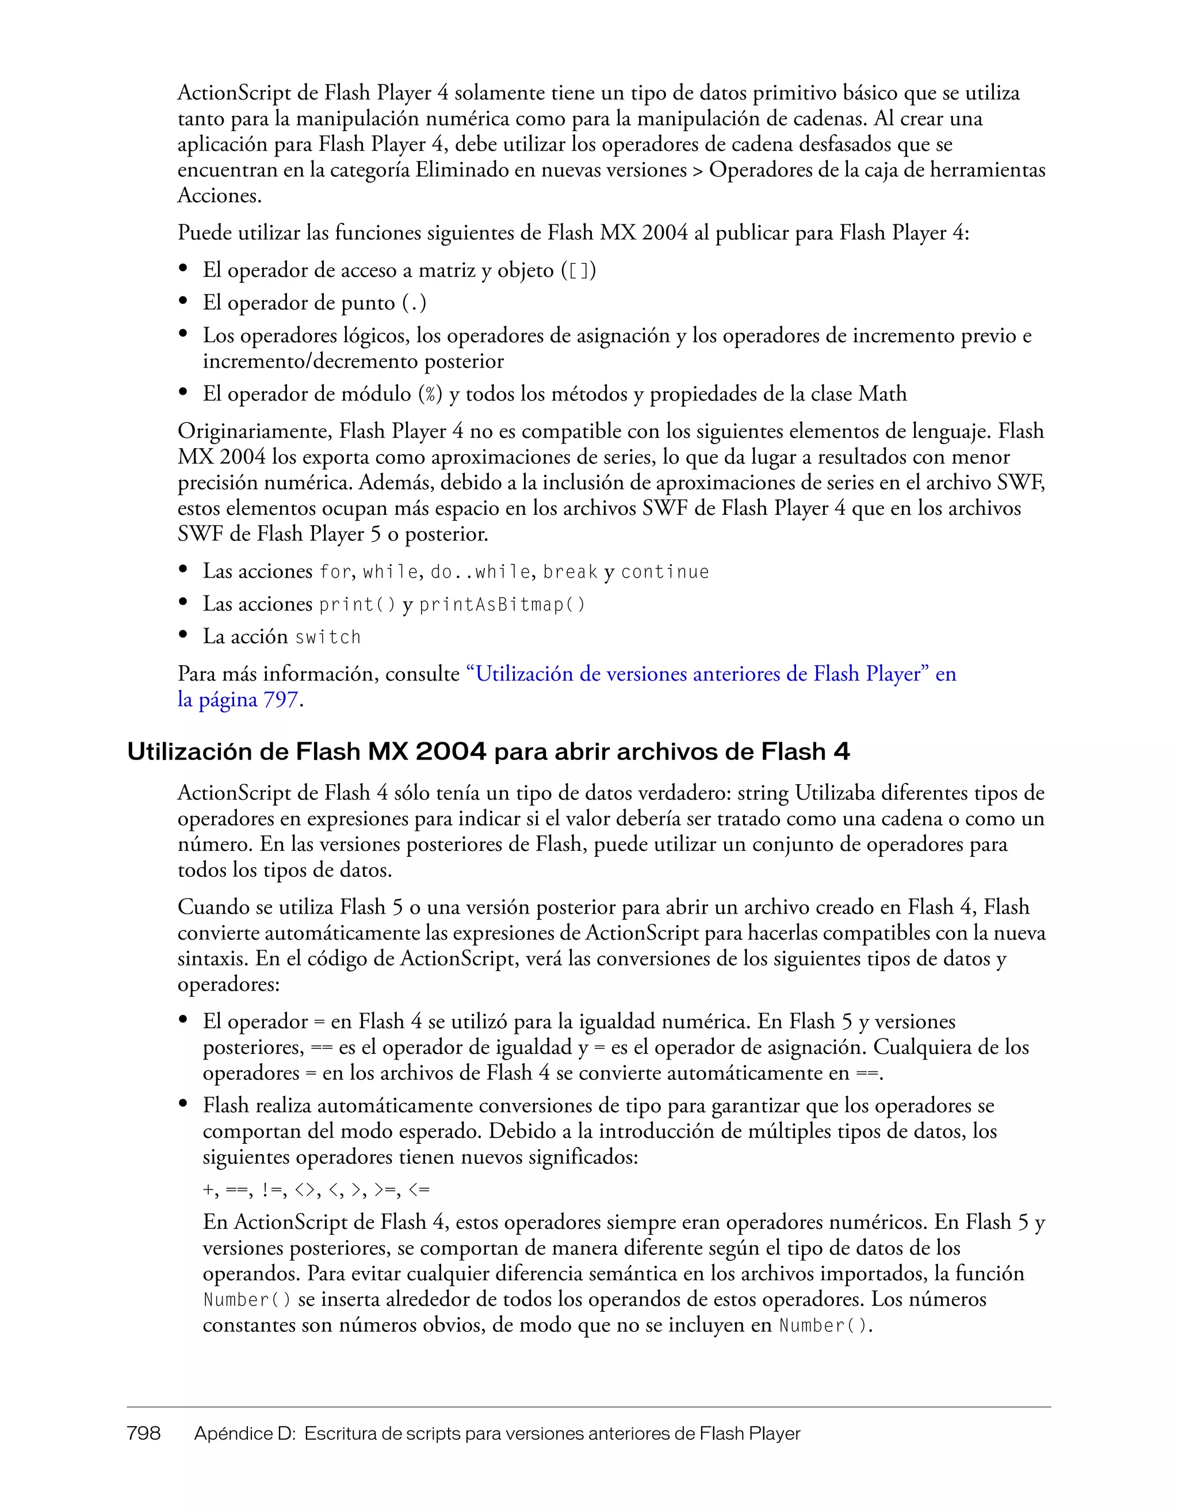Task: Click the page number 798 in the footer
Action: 144,1433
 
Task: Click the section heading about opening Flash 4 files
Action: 488,752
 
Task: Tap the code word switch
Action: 327,637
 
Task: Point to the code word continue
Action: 664,572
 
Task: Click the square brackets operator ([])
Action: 579,270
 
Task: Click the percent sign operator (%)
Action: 430,395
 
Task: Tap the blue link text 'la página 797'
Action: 238,700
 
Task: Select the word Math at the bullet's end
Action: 882,394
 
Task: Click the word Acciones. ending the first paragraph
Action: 219,196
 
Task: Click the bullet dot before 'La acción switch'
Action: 183,636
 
